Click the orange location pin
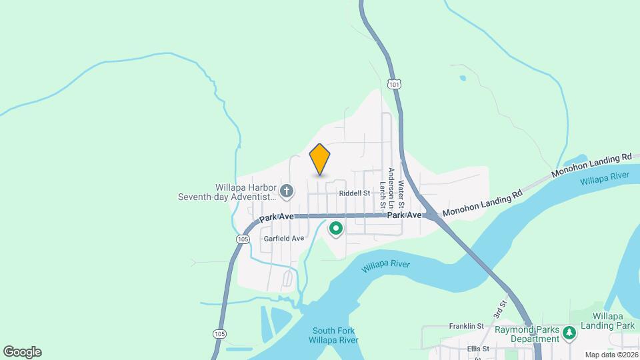[x=320, y=159]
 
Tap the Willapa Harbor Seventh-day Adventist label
[x=227, y=192]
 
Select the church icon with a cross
[x=287, y=192]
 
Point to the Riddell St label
[x=354, y=193]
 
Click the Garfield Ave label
[x=283, y=238]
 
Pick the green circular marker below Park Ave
[x=336, y=229]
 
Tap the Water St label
[x=401, y=191]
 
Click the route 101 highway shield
[x=394, y=84]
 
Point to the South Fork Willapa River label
[x=333, y=335]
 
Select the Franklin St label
[x=466, y=326]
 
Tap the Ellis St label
[x=478, y=349]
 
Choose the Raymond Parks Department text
[x=526, y=334]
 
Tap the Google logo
[x=22, y=351]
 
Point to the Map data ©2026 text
[x=611, y=355]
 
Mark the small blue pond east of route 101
[x=463, y=78]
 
